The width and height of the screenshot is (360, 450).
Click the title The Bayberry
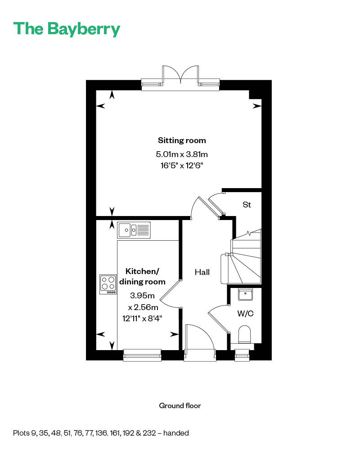(x=67, y=29)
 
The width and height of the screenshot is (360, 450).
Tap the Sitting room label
(x=182, y=140)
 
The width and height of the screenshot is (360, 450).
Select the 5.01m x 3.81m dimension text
(x=182, y=154)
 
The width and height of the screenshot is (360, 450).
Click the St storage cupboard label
(x=247, y=205)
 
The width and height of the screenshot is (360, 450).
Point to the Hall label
(x=202, y=272)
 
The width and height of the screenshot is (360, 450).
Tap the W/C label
(x=245, y=313)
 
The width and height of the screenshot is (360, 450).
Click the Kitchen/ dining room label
(x=142, y=276)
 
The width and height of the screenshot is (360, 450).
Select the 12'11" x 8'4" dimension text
(x=142, y=318)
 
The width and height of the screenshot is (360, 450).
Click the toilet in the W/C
(x=245, y=335)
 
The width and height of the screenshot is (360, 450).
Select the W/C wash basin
(x=245, y=294)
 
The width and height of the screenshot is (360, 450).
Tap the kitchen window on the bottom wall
(x=142, y=355)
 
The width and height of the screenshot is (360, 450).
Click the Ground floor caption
(x=180, y=405)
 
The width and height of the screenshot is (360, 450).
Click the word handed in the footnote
(x=176, y=433)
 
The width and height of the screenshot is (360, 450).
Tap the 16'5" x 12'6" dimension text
(x=182, y=165)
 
